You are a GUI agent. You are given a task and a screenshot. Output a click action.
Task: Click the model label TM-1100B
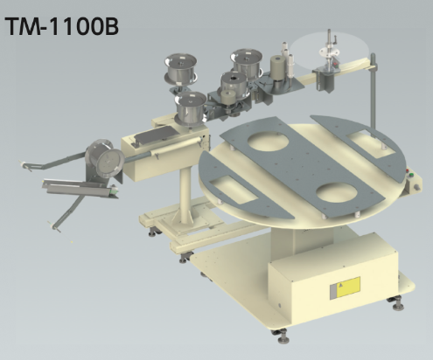[x=62, y=26]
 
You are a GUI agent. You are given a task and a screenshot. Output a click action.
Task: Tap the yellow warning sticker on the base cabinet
[x=348, y=287]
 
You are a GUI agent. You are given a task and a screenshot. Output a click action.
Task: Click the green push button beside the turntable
[x=411, y=175]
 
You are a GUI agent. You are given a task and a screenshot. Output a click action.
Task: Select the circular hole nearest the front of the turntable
[x=337, y=192]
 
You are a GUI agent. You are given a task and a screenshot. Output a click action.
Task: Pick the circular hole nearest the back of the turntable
[x=268, y=141]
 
